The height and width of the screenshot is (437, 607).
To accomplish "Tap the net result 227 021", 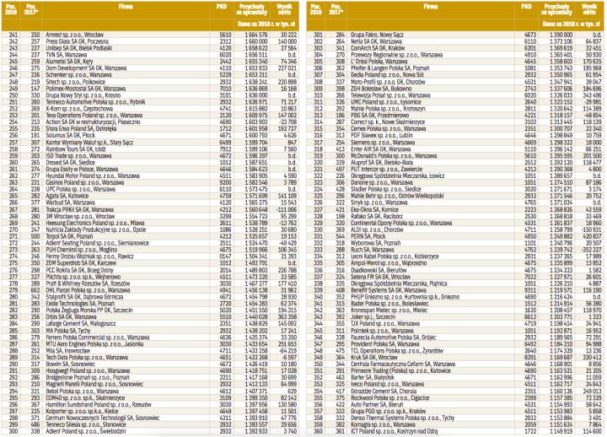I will coord(286,68).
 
